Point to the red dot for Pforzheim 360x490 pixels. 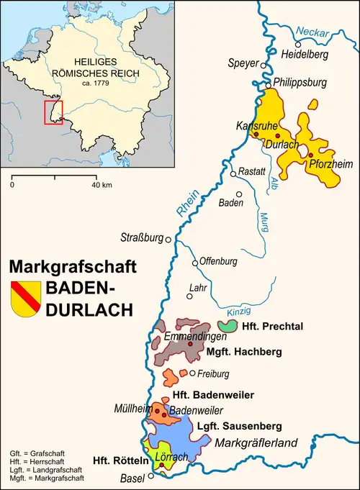[x=310, y=155]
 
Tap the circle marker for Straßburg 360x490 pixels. [x=168, y=240]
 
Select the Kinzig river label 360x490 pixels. [x=238, y=311]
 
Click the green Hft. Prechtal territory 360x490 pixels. [x=228, y=326]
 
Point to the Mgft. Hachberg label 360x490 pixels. [x=244, y=352]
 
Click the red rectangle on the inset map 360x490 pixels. [x=53, y=113]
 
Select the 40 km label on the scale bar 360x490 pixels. [x=100, y=185]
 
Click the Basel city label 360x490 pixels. [x=135, y=478]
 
